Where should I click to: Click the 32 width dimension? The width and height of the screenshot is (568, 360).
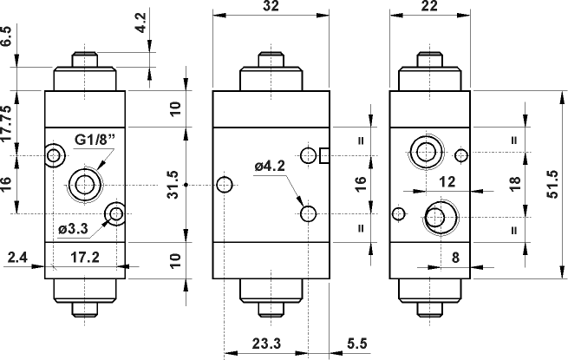coord(271,5)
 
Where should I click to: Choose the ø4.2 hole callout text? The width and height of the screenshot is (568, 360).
coord(271,166)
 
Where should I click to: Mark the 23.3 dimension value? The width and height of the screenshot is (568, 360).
coord(265,343)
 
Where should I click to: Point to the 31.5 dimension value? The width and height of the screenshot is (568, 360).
coord(173,183)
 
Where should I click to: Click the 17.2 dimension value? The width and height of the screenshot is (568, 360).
coord(83,258)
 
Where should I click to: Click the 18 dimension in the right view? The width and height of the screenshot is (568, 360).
coord(515,185)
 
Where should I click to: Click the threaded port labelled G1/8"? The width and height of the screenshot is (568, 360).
coord(85,184)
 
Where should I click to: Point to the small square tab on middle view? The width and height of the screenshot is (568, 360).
coord(324,155)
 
